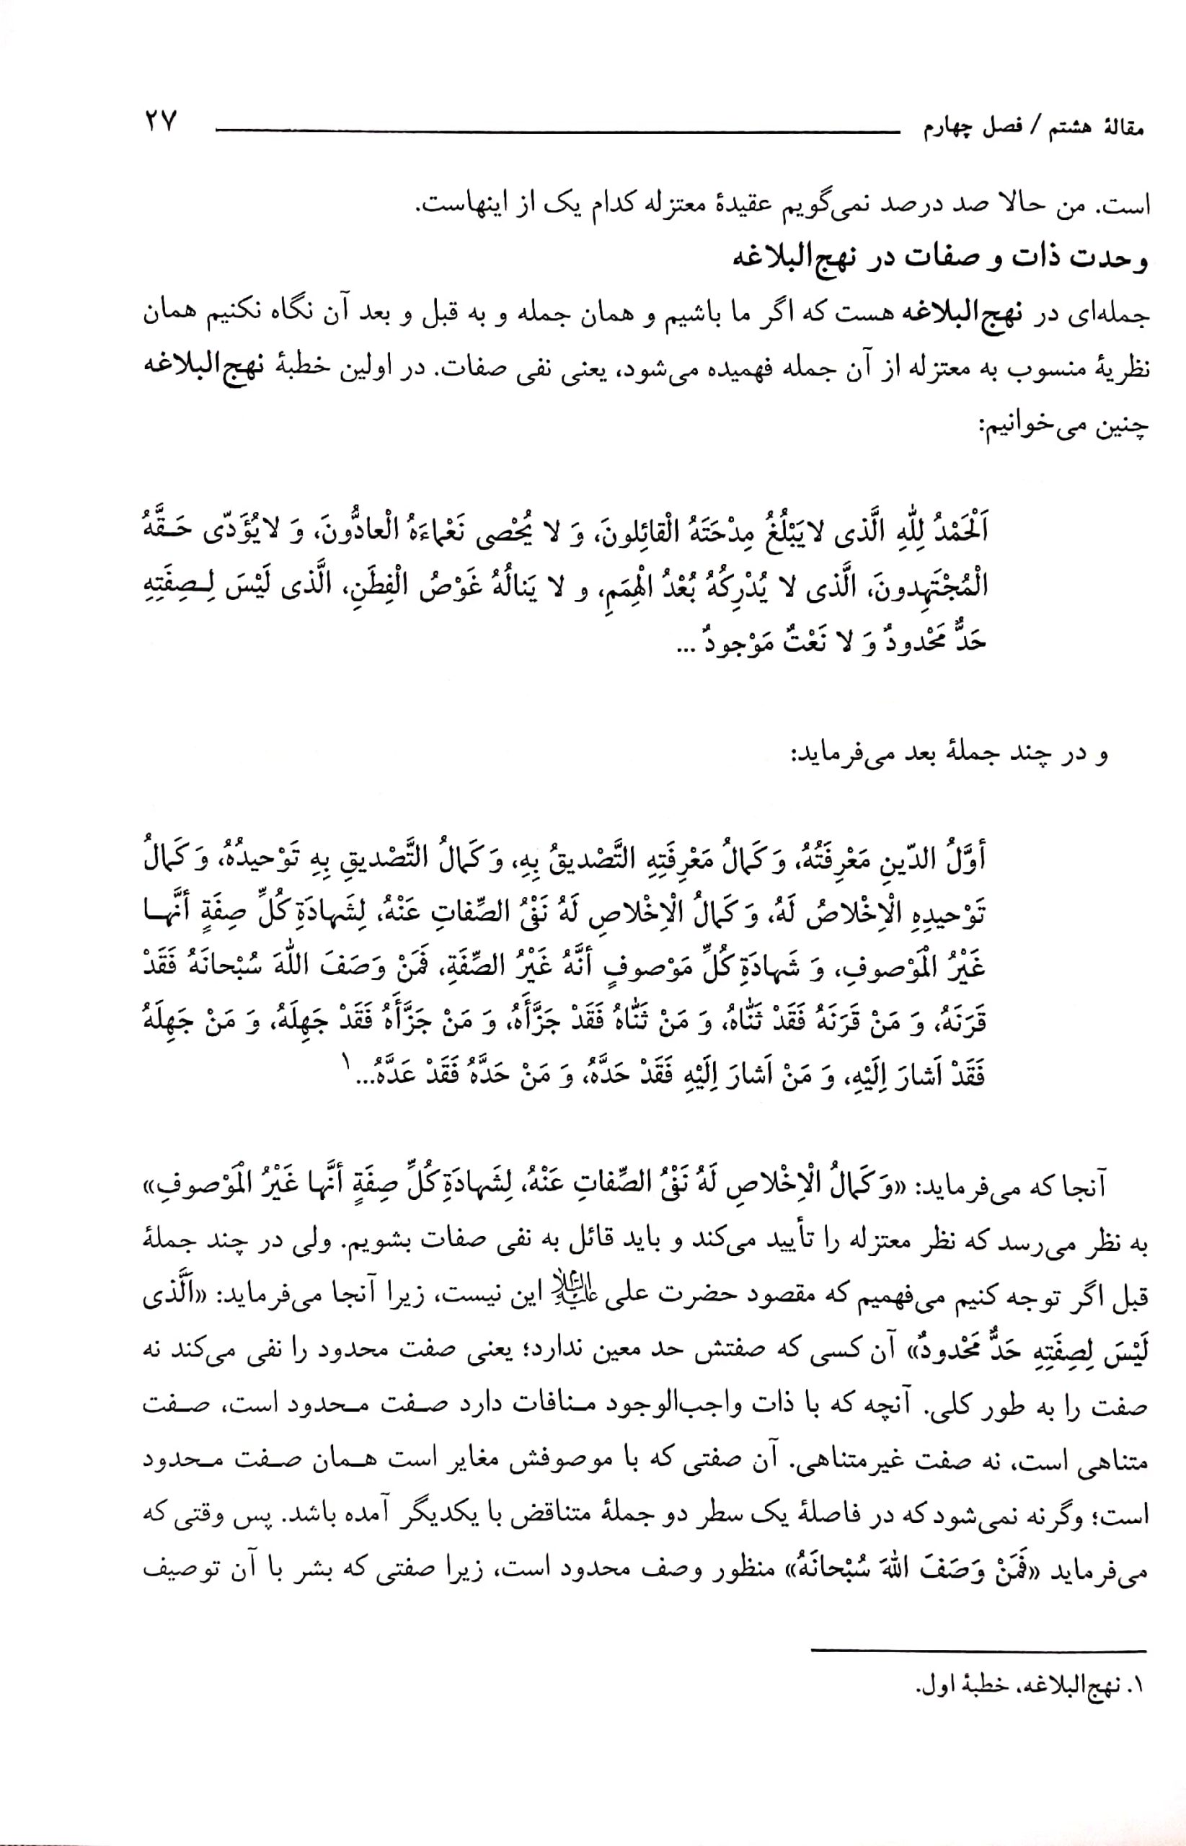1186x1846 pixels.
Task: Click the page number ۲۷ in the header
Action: (x=160, y=123)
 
